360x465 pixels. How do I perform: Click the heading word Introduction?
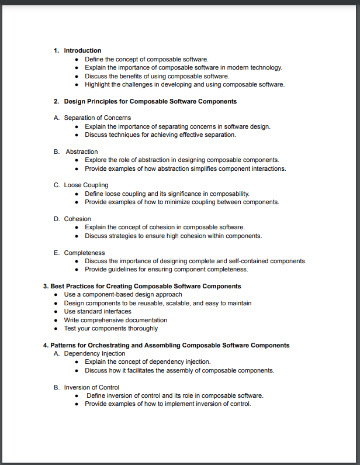[x=82, y=50]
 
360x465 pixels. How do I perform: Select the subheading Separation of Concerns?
[x=97, y=118]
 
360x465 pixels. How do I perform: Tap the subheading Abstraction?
[x=82, y=151]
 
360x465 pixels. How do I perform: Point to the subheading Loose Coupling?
[x=86, y=185]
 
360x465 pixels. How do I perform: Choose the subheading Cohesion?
[x=77, y=219]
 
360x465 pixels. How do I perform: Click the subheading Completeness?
[x=84, y=253]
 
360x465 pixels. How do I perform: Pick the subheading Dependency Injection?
[x=95, y=354]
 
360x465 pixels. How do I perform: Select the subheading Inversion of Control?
[x=92, y=387]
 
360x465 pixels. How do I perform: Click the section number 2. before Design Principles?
[x=57, y=101]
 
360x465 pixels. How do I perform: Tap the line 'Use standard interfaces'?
[x=98, y=312]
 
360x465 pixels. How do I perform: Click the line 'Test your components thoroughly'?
[x=111, y=329]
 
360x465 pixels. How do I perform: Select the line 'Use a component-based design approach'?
[x=123, y=295]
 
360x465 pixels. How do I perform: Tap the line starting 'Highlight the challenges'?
[x=185, y=84]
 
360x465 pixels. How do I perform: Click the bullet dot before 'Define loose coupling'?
[x=77, y=194]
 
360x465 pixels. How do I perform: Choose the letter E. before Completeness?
[x=57, y=253]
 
